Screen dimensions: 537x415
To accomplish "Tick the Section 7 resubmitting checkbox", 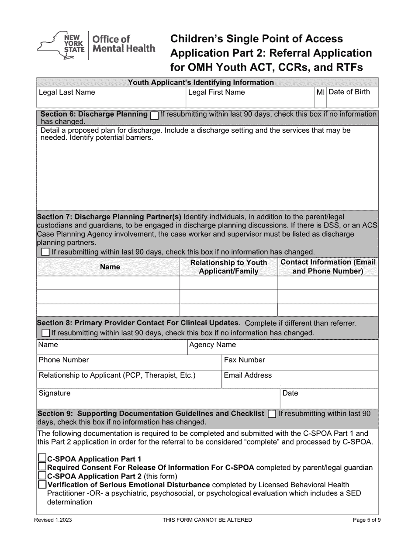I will coord(45,252).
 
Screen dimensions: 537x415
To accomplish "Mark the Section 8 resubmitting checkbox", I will coord(45,333).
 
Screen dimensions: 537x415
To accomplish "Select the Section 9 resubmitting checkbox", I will coord(272,414).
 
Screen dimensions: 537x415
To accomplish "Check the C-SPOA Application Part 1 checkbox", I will coord(42,458).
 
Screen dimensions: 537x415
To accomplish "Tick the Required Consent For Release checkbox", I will coord(42,467).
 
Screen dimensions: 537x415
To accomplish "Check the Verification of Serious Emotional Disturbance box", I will coord(42,484).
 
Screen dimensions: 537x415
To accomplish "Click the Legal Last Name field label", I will coord(67,93).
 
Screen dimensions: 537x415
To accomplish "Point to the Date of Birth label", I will coord(349,92).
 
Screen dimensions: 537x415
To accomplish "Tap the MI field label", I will coord(321,92).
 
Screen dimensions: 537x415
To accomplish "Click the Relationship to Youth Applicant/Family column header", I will coord(228,267).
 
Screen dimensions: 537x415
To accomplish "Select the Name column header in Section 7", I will coord(110,267).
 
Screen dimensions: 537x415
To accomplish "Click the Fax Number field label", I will coord(244,360).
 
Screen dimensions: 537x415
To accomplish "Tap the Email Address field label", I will coord(248,375).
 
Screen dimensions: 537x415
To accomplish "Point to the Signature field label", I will coord(55,393).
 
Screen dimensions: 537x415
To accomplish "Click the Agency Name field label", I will coord(212,345).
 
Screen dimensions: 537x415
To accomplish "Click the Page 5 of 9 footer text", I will coord(370,520).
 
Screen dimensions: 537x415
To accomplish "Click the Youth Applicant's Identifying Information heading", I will coord(201,82).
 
